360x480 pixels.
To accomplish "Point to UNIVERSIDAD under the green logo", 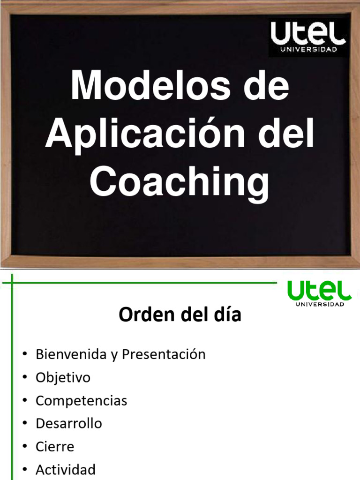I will coord(320,304).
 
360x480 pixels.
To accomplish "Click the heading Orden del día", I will coord(180,315).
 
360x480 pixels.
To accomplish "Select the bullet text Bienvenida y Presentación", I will coord(120,354).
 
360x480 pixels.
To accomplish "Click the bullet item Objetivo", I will coord(63,377).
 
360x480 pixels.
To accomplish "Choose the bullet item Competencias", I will coord(81,401).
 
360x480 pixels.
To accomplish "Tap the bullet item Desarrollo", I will coord(68,424).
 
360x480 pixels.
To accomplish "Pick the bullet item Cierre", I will coord(55,447).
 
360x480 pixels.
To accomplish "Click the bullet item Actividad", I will coord(65,469).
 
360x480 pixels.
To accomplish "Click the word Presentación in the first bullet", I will coord(164,354).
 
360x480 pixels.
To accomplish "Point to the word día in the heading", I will coord(227,315).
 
